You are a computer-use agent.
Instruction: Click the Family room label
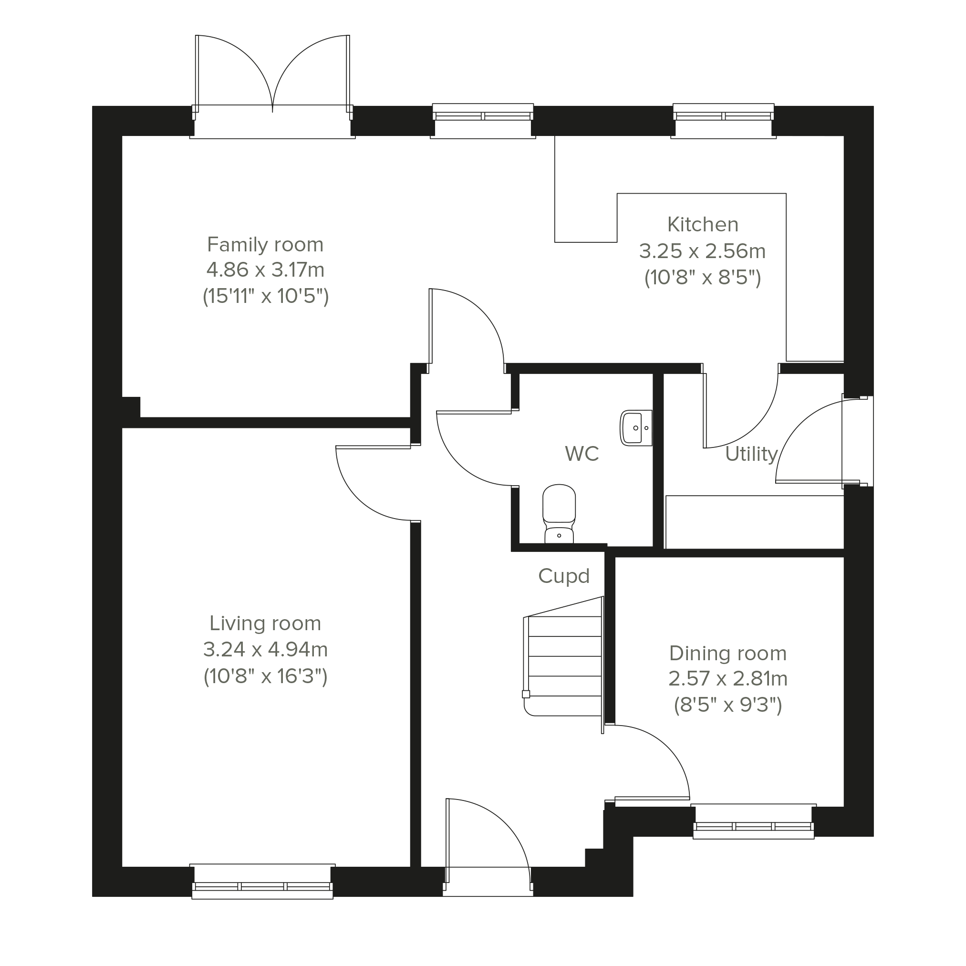coord(265,245)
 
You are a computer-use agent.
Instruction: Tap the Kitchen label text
coord(703,225)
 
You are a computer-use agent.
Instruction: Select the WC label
coord(582,454)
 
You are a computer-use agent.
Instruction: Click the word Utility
coord(751,454)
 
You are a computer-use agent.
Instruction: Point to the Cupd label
coord(564,576)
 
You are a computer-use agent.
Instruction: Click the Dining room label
coord(727,653)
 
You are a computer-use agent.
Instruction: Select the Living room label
coord(265,623)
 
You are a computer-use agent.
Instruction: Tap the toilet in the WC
coord(559,513)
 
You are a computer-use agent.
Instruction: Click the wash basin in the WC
coord(636,428)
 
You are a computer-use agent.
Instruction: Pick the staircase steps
coord(563,656)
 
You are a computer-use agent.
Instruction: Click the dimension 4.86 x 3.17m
coord(266,270)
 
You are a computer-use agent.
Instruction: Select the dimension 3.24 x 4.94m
coord(266,650)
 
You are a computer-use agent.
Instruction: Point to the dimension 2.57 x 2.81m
coord(728,679)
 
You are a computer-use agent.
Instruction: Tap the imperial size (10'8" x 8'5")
coord(703,277)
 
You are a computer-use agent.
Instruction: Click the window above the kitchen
coord(724,121)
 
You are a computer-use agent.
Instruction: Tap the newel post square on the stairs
coord(526,694)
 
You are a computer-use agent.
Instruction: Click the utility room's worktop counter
coord(755,522)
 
